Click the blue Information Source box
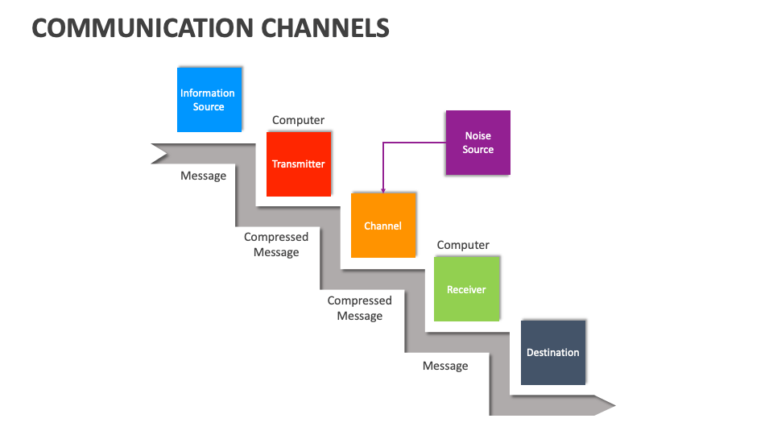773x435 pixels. coord(209,99)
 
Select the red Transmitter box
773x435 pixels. coord(299,164)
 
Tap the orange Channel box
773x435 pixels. coord(383,226)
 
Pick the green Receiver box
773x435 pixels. coord(466,289)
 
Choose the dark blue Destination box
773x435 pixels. coord(553,352)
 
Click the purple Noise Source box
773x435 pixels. coord(477,143)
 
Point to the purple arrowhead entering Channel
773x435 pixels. coord(383,189)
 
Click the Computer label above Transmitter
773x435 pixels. coord(298,120)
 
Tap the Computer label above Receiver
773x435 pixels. coord(463,245)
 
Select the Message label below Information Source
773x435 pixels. coord(203,176)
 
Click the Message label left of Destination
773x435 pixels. coord(445,366)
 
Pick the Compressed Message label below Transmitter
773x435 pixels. coord(276,244)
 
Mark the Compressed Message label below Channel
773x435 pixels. coord(359,308)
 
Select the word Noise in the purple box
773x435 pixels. coord(477,136)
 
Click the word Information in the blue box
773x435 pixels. coord(208,93)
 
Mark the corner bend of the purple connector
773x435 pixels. coord(383,143)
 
